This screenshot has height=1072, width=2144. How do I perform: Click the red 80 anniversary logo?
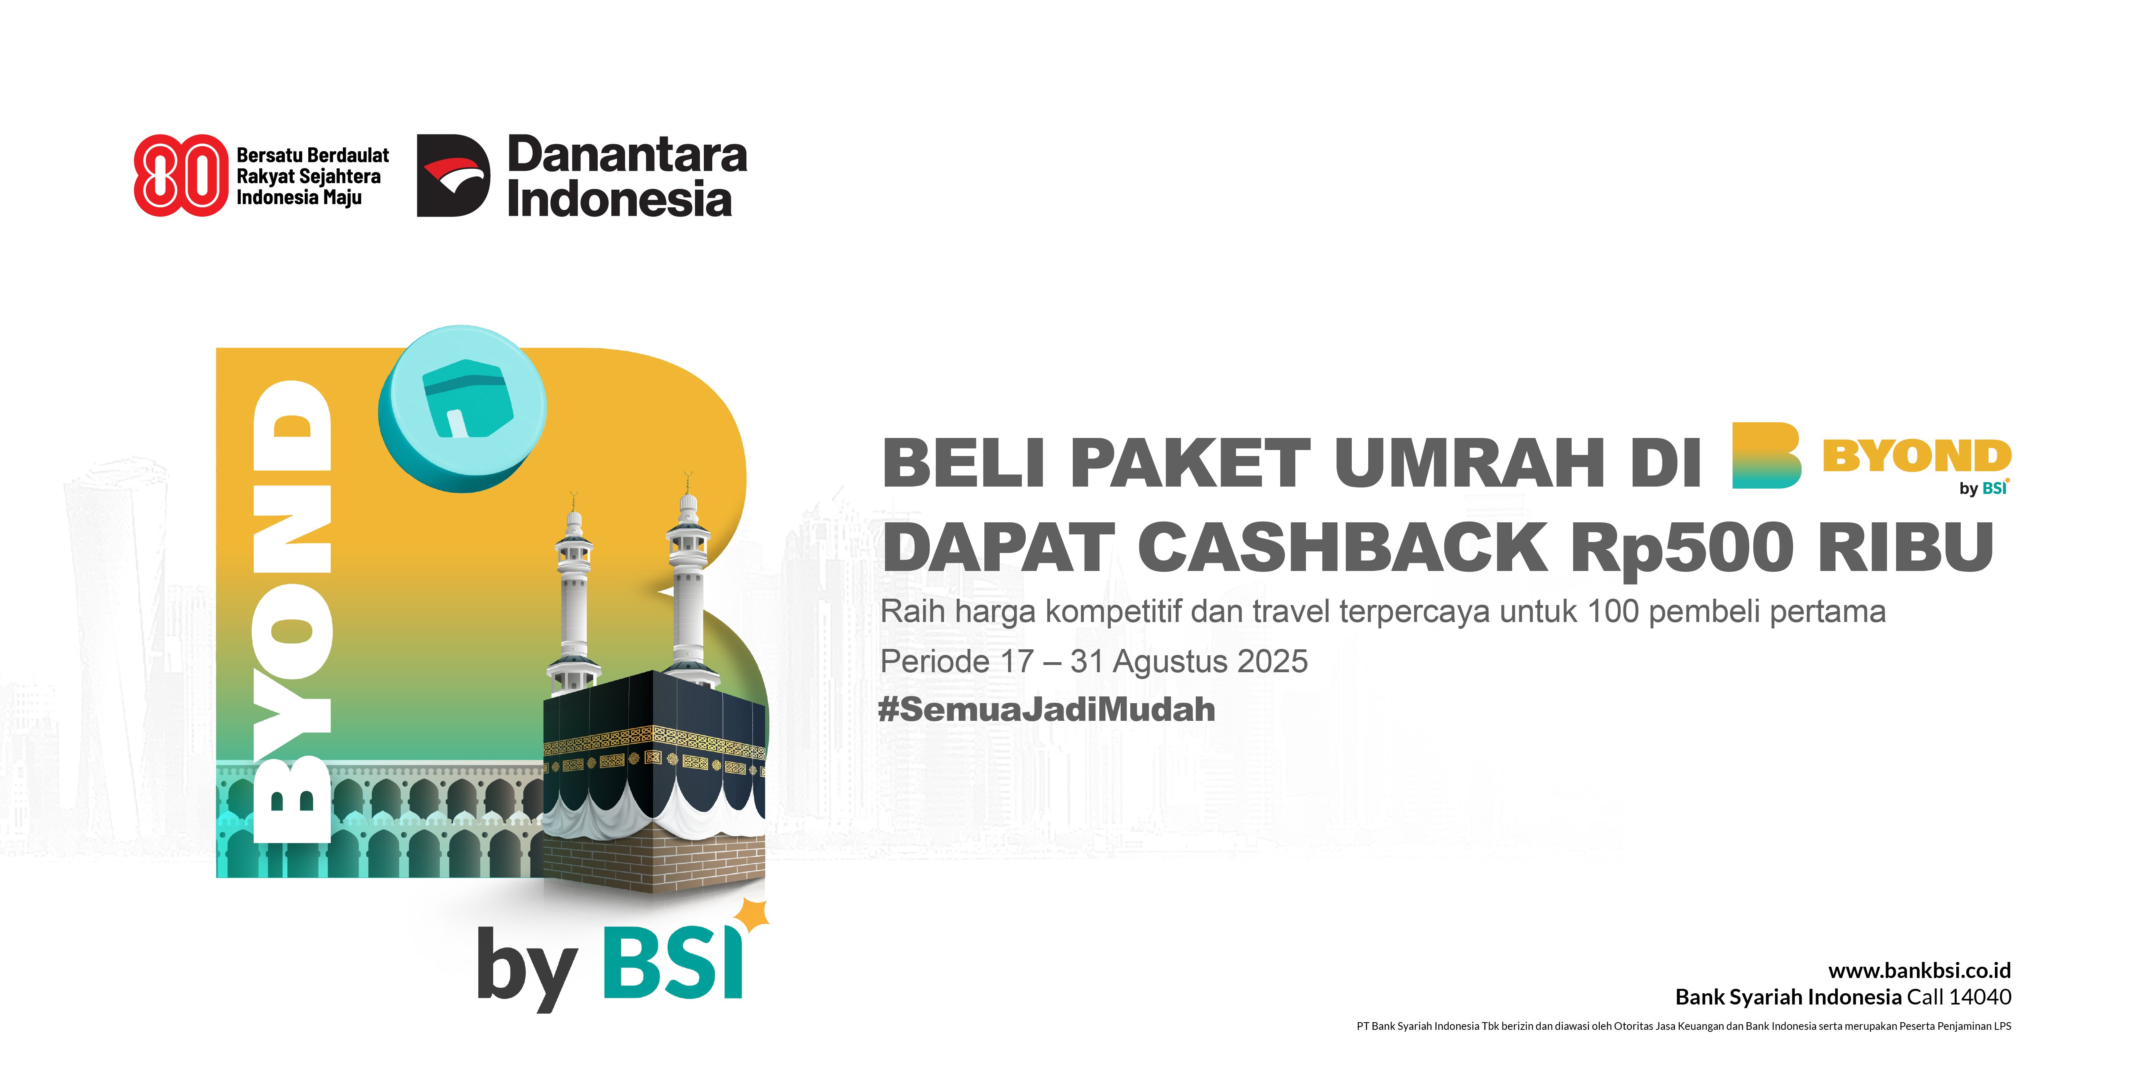coord(180,176)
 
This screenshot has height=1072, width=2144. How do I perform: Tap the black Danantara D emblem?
coord(453,176)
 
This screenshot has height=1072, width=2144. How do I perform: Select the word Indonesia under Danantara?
coord(619,200)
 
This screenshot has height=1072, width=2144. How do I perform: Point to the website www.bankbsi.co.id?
coord(1919,970)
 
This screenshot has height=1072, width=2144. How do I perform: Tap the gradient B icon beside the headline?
coord(1766,455)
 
